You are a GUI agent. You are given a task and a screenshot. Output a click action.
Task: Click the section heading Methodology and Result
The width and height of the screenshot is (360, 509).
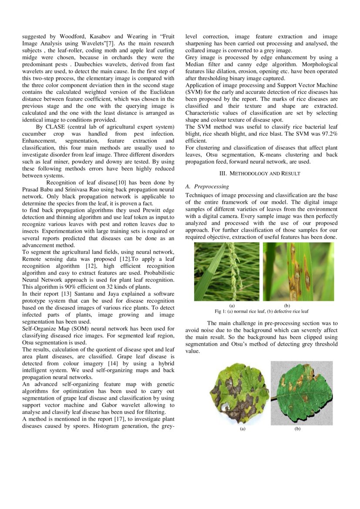[259, 173]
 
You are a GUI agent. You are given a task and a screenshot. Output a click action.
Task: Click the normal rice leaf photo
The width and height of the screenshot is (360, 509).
[226, 271]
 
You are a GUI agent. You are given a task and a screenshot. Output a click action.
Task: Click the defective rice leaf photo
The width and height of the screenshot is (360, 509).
[298, 271]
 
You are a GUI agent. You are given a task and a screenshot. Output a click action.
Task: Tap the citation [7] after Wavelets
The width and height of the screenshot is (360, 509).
[111, 44]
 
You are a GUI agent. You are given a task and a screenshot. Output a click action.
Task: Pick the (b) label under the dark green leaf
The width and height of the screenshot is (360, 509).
[297, 429]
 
